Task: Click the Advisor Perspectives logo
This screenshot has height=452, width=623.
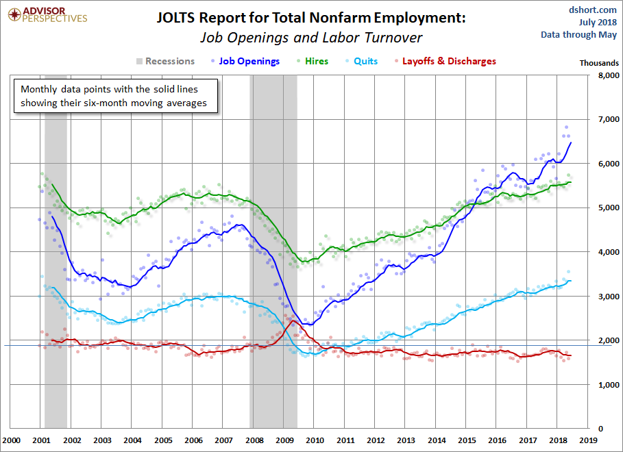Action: pos(46,14)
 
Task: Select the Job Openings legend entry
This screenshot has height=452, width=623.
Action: pos(249,61)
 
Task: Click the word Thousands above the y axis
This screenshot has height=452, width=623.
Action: pos(599,62)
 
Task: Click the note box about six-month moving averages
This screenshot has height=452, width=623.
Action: pos(117,97)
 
